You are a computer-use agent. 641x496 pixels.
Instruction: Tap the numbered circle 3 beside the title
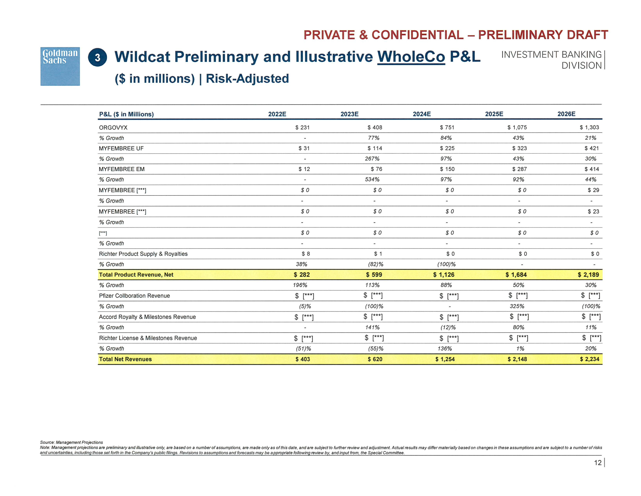click(98, 57)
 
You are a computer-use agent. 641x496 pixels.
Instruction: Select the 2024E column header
click(422, 114)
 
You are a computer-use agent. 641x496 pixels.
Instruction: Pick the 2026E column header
click(566, 114)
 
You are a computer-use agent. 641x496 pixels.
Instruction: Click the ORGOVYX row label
click(113, 128)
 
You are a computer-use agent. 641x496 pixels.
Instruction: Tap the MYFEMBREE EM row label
click(122, 169)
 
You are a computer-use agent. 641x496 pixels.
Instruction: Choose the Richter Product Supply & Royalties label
click(143, 254)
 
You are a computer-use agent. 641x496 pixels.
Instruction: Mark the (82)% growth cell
click(375, 264)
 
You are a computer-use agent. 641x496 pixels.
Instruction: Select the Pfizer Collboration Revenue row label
click(134, 296)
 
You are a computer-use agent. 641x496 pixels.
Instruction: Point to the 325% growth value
click(517, 306)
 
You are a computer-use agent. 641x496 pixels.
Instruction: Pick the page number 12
click(597, 463)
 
